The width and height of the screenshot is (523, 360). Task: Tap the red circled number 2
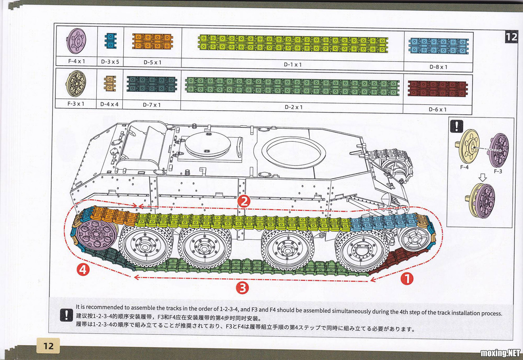click(243, 201)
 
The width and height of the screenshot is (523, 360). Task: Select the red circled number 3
click(243, 288)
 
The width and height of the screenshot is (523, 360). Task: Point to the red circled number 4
click(82, 270)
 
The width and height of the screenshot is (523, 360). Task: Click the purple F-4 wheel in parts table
click(76, 41)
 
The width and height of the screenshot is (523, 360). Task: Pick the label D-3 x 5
click(110, 62)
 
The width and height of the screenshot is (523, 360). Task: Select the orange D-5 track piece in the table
click(153, 41)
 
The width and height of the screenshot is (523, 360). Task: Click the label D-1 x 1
click(293, 64)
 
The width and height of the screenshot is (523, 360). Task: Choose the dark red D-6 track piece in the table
click(437, 89)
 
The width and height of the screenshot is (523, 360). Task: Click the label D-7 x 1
click(152, 105)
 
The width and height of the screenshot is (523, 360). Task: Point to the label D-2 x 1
click(293, 107)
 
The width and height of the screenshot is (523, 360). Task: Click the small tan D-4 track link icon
click(110, 84)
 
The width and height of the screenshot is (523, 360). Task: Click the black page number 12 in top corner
click(511, 37)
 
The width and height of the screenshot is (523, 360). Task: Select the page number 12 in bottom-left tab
click(49, 346)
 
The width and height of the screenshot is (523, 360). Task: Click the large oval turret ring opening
click(293, 152)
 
